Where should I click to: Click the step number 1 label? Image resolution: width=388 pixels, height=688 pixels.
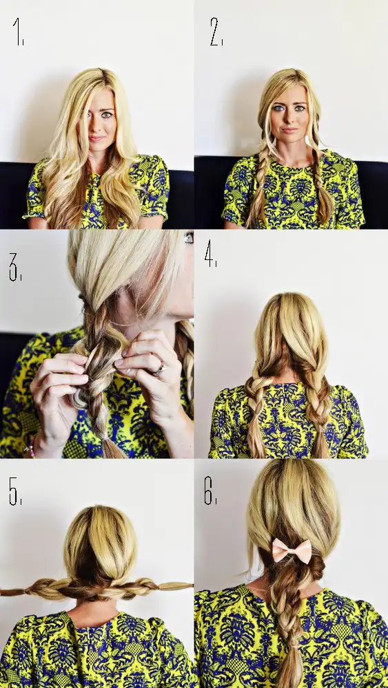[18, 31]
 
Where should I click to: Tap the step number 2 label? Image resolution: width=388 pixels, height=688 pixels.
[216, 32]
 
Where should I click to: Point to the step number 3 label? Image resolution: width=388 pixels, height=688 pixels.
[15, 267]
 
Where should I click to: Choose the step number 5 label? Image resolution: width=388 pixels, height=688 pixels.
[15, 491]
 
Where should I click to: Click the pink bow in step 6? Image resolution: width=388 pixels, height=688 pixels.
[292, 550]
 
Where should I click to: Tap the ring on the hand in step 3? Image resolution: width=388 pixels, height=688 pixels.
[159, 369]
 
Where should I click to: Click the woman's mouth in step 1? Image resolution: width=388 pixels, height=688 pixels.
[96, 138]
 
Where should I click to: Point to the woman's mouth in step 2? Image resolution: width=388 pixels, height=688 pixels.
[289, 130]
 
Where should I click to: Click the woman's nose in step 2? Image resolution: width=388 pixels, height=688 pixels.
[288, 117]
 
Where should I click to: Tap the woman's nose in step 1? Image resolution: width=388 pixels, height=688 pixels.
[96, 126]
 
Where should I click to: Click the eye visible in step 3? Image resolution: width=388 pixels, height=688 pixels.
[189, 237]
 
